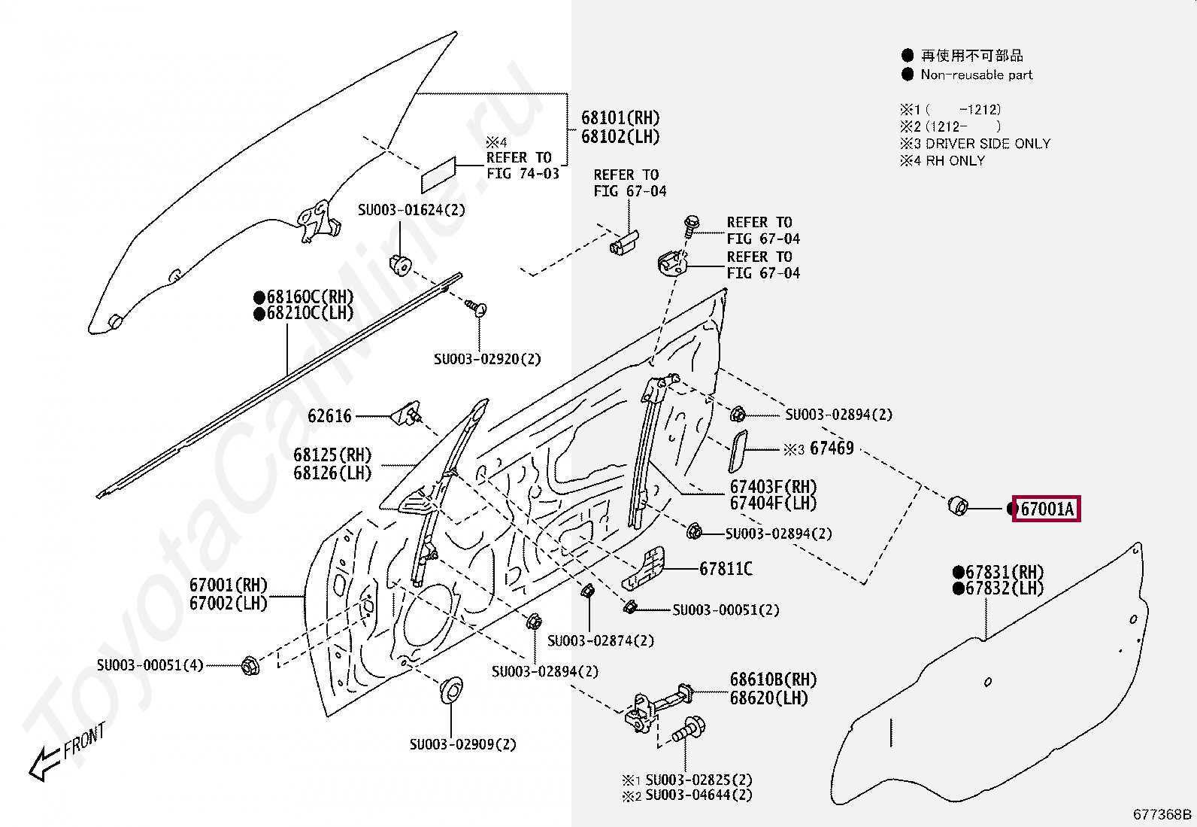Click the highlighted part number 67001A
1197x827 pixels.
(1047, 508)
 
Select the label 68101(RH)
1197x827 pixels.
(620, 117)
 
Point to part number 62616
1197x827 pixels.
(330, 415)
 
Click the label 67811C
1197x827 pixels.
(726, 568)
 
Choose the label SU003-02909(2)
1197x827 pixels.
(462, 744)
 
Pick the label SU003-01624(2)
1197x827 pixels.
(411, 210)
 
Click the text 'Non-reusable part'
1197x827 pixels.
(976, 75)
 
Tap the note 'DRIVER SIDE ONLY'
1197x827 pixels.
(988, 144)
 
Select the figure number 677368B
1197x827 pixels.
(1162, 813)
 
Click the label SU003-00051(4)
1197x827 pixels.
(150, 665)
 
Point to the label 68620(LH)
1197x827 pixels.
(769, 698)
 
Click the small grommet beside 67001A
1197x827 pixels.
(958, 506)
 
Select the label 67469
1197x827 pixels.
(832, 448)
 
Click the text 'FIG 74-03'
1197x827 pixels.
(523, 173)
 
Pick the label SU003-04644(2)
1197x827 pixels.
(699, 795)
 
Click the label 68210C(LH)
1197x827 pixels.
(304, 313)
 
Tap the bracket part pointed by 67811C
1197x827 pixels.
(644, 569)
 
